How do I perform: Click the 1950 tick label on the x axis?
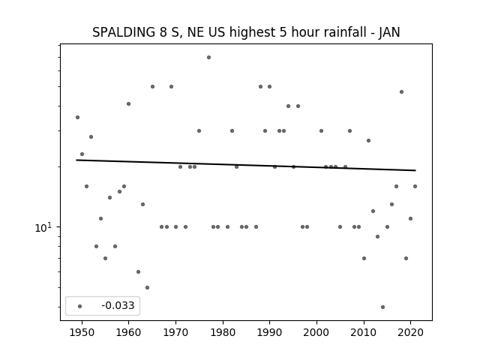pyautogui.click(x=82, y=332)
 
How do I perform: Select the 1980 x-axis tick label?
pyautogui.click(x=223, y=332)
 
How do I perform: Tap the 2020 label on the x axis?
pyautogui.click(x=410, y=332)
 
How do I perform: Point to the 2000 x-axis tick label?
pyautogui.click(x=316, y=332)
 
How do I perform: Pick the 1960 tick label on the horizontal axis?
pyautogui.click(x=128, y=332)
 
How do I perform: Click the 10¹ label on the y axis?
pyautogui.click(x=43, y=227)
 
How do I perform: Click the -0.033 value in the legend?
pyautogui.click(x=118, y=305)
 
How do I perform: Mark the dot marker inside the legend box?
pyautogui.click(x=80, y=306)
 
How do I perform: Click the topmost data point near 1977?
pyautogui.click(x=208, y=57)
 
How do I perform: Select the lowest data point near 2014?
pyautogui.click(x=382, y=307)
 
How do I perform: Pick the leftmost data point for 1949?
pyautogui.click(x=77, y=117)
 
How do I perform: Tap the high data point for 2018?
pyautogui.click(x=401, y=91)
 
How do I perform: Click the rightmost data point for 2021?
pyautogui.click(x=415, y=186)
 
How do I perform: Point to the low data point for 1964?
pyautogui.click(x=147, y=287)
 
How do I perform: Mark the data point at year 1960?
pyautogui.click(x=128, y=103)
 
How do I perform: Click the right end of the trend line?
pyautogui.click(x=415, y=170)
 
